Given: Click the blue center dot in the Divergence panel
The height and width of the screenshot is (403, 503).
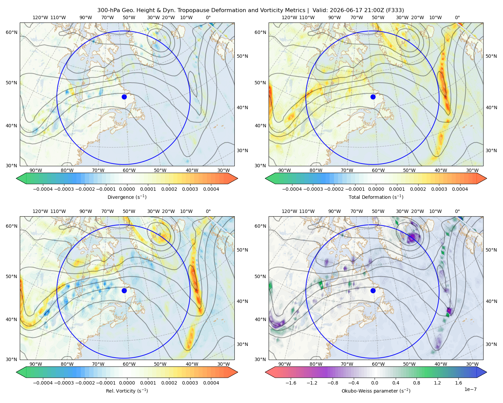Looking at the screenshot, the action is click(124, 97).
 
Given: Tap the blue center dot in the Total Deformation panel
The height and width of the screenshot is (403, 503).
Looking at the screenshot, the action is click(373, 97).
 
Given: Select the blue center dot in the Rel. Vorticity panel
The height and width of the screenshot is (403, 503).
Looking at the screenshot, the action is click(124, 290).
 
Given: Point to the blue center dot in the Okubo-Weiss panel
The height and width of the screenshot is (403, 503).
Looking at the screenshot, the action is click(373, 290).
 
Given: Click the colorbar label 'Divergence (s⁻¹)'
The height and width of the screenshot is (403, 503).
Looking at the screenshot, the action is click(127, 197).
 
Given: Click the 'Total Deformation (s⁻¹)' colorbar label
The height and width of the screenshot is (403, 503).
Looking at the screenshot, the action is click(376, 197).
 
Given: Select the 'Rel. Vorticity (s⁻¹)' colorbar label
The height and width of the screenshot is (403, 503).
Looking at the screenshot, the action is click(127, 391).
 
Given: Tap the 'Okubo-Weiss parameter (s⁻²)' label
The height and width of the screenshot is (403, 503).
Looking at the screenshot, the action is click(376, 391).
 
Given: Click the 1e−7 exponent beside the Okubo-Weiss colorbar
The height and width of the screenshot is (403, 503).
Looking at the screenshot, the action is click(470, 389).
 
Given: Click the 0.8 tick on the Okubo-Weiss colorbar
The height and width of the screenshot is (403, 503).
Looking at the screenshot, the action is click(416, 383).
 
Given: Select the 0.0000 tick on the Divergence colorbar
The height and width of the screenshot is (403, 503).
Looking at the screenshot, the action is click(127, 189).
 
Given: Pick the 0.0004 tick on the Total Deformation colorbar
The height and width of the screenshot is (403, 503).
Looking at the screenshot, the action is click(460, 189).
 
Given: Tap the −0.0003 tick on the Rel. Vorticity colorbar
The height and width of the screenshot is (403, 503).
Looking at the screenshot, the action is click(64, 383).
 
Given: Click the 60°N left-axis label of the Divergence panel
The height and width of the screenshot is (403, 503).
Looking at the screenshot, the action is click(11, 32).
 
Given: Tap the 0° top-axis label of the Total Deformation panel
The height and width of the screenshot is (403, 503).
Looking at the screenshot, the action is click(457, 17).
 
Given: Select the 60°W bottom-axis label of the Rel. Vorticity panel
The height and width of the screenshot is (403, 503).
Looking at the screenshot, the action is click(129, 364).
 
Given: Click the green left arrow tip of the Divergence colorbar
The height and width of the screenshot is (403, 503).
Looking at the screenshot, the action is click(16, 178).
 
